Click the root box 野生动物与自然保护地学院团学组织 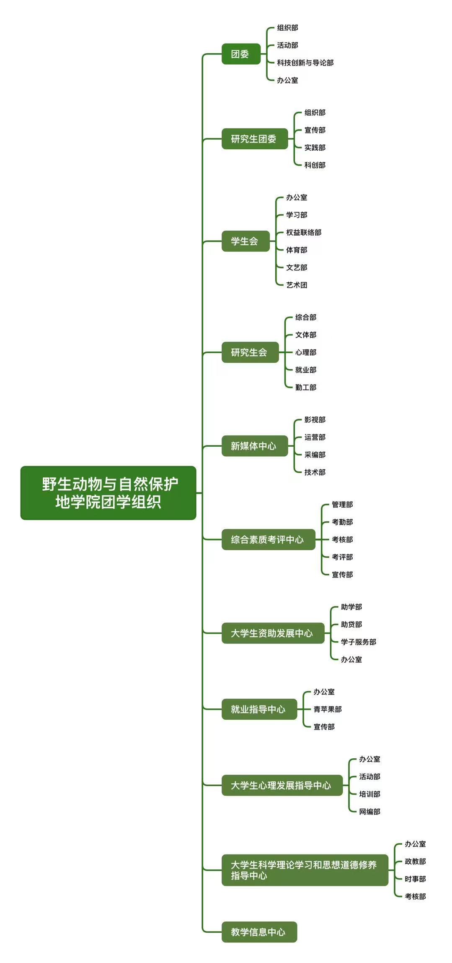108,493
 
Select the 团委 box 241,54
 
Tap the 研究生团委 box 254,139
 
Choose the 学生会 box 245,241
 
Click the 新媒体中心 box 254,446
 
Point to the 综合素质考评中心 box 268,539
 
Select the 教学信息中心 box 259,932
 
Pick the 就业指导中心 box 259,709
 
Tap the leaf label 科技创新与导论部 305,63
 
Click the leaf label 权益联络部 304,232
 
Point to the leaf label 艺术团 297,285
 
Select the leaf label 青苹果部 328,709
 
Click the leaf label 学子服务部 358,642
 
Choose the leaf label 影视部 315,420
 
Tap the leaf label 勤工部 305,388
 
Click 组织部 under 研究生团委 315,113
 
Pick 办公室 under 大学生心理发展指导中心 369,759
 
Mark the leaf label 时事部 415,879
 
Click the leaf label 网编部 369,812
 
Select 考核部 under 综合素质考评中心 342,539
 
